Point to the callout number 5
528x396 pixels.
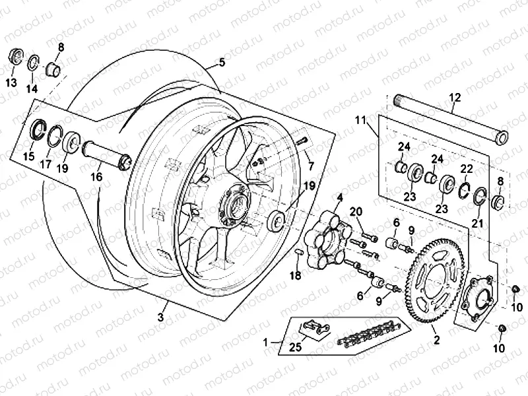tap(221, 63)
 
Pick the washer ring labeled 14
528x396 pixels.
tap(32, 64)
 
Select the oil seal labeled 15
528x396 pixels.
tap(40, 130)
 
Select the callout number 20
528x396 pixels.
tap(357, 211)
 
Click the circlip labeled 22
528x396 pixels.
tap(465, 189)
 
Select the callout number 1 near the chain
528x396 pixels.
tap(266, 343)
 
